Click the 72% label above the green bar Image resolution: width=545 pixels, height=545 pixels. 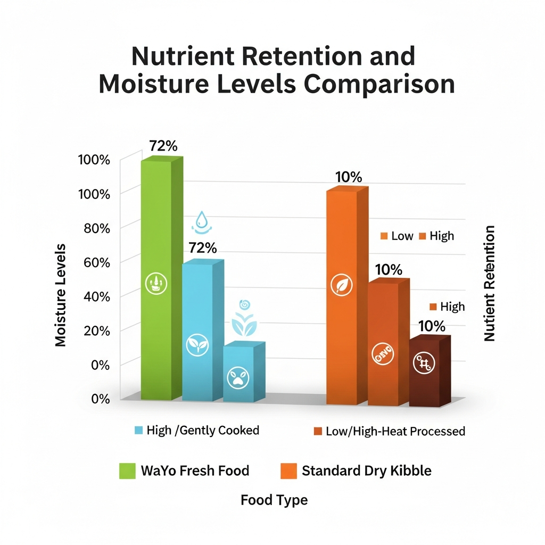[x=163, y=146]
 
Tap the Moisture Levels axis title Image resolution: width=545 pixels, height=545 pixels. [x=61, y=295]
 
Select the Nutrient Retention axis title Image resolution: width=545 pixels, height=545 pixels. [x=489, y=283]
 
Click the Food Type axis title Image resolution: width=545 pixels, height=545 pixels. [x=274, y=500]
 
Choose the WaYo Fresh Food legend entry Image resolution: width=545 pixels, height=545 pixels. [x=184, y=470]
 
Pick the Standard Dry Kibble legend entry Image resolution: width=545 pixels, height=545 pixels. [x=355, y=470]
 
